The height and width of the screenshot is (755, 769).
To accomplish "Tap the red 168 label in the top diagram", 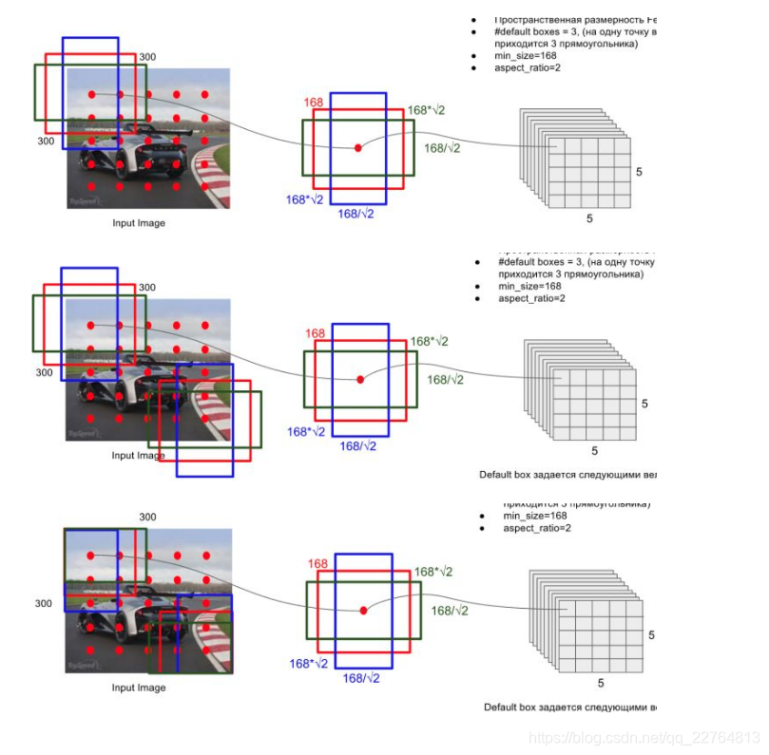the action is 314,103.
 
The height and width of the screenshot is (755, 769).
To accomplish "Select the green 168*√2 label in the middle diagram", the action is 429,342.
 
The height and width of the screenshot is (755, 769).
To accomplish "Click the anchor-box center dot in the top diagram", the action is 358,148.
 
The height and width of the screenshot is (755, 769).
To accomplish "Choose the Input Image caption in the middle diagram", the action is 138,455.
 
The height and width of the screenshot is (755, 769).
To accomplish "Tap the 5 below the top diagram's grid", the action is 589,218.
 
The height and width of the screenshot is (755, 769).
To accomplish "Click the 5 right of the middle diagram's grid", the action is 644,404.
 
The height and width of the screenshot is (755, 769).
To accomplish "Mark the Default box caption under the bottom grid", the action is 569,707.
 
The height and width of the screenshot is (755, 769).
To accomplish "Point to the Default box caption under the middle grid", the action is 567,473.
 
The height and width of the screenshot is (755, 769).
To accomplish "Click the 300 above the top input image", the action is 147,57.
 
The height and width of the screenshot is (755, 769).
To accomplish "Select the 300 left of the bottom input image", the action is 45,603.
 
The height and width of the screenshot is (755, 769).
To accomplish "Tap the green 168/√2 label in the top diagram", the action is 442,148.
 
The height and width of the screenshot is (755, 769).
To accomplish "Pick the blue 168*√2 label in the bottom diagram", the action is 308,663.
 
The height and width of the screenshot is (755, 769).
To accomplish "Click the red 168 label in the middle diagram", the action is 316,333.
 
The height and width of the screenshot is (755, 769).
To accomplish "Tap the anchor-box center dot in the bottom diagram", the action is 363,611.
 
